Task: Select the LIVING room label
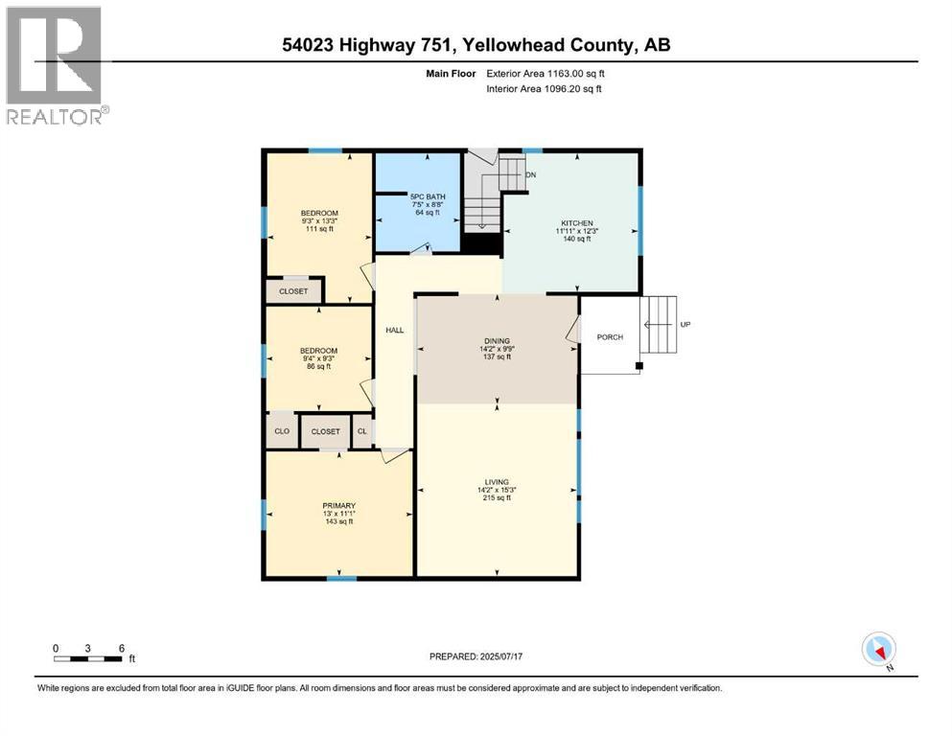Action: pyautogui.click(x=497, y=481)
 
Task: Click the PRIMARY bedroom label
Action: pyautogui.click(x=339, y=505)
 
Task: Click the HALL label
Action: pyautogui.click(x=394, y=331)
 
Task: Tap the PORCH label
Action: pyautogui.click(x=610, y=336)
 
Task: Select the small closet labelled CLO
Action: pyautogui.click(x=282, y=431)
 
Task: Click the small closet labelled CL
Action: pyautogui.click(x=362, y=431)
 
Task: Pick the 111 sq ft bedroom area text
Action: pyautogui.click(x=319, y=229)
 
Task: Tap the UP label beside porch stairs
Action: pyautogui.click(x=685, y=324)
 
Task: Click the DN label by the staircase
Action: pyautogui.click(x=530, y=174)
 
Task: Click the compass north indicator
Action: pyautogui.click(x=879, y=650)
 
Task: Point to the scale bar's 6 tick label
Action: pyautogui.click(x=121, y=648)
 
